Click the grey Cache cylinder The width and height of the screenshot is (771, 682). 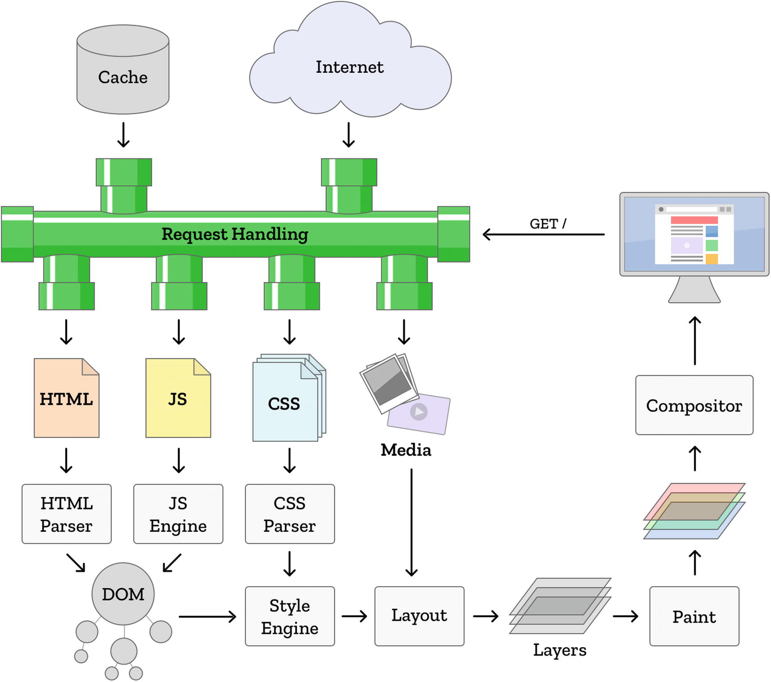123,72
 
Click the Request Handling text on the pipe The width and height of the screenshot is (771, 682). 235,234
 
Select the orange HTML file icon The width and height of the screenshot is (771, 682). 67,398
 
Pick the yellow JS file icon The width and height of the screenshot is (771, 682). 178,398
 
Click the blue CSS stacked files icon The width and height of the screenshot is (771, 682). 285,403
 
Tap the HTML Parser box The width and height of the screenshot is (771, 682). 67,514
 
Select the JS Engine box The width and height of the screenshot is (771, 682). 178,514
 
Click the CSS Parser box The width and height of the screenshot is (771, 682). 290,514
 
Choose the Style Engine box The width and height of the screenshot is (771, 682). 290,616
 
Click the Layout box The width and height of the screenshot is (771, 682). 419,616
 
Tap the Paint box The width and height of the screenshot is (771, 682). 694,616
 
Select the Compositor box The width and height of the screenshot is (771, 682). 694,405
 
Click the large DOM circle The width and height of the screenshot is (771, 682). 123,594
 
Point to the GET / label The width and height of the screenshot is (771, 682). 548,224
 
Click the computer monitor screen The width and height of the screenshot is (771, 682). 694,234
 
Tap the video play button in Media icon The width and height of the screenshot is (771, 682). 419,412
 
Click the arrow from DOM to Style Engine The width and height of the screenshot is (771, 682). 207,617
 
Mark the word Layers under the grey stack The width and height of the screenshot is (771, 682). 560,650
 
